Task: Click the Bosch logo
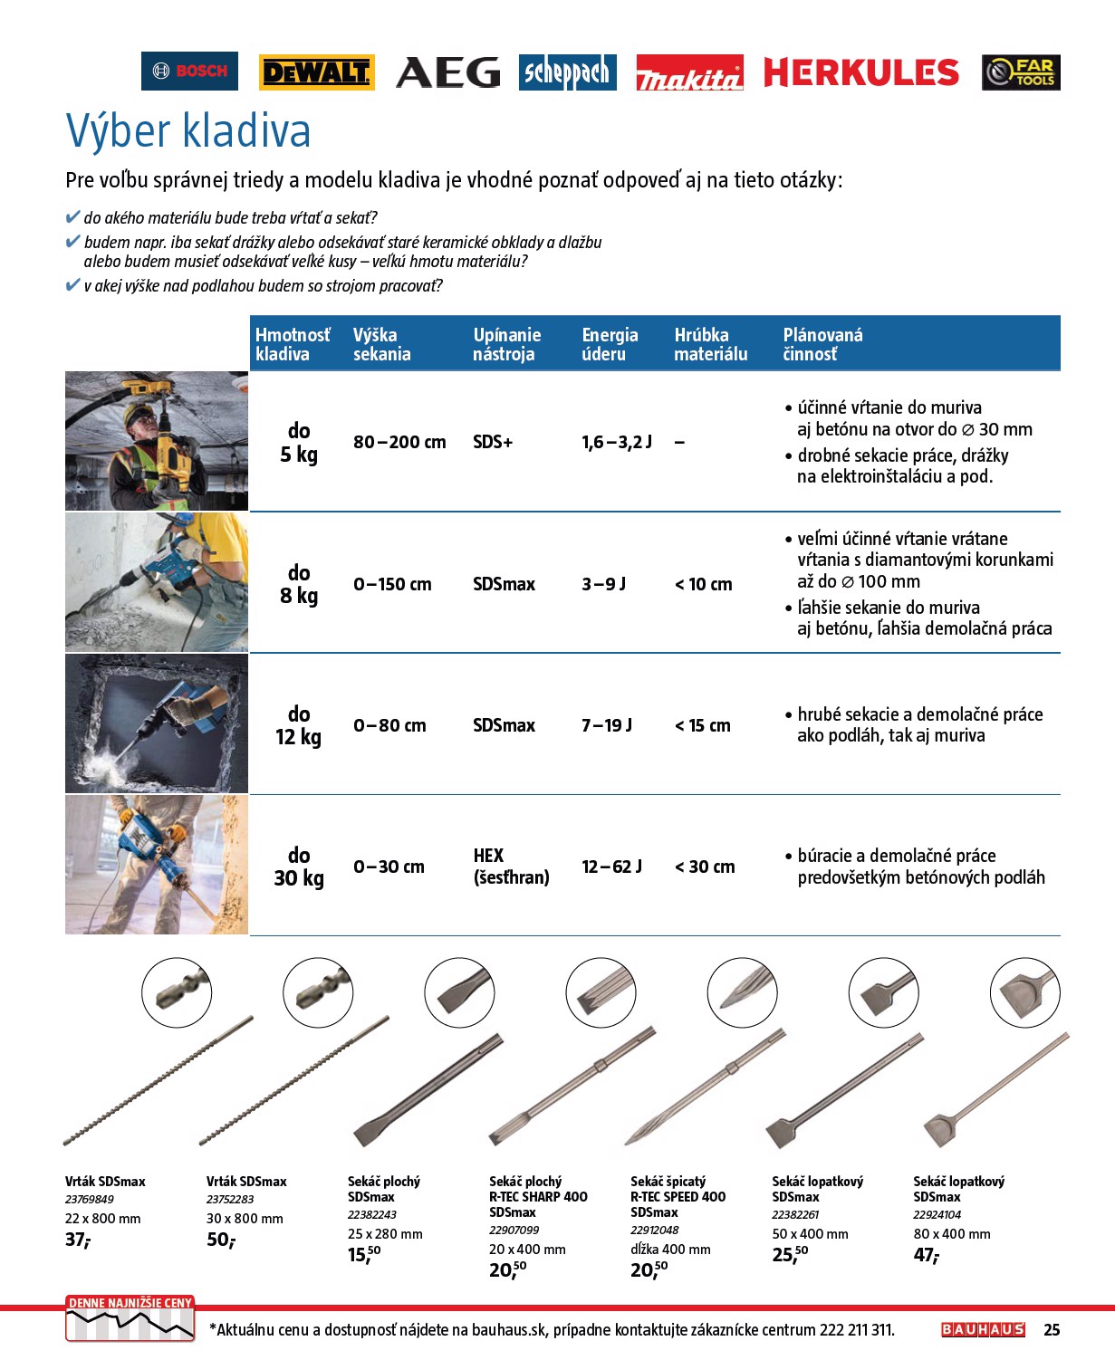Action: (x=189, y=72)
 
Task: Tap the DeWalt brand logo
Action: (x=316, y=72)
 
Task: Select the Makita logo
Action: (x=689, y=72)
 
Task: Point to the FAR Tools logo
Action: (x=1021, y=72)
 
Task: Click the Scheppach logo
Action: (x=568, y=72)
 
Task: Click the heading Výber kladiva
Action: (x=188, y=130)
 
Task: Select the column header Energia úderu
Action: (x=610, y=344)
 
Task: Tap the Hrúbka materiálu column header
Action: (x=711, y=344)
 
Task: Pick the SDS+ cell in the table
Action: (x=493, y=442)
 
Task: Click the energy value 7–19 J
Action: (x=607, y=725)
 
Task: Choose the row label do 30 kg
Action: (x=299, y=867)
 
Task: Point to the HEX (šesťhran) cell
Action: (x=511, y=867)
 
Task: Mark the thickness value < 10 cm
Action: (x=704, y=584)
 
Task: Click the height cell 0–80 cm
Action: (x=389, y=725)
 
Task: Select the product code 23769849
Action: (x=90, y=1200)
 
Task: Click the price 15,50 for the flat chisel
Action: (x=364, y=1255)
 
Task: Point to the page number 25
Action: (x=1052, y=1329)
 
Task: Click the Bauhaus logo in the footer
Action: (x=983, y=1329)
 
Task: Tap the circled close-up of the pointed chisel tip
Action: (x=742, y=992)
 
